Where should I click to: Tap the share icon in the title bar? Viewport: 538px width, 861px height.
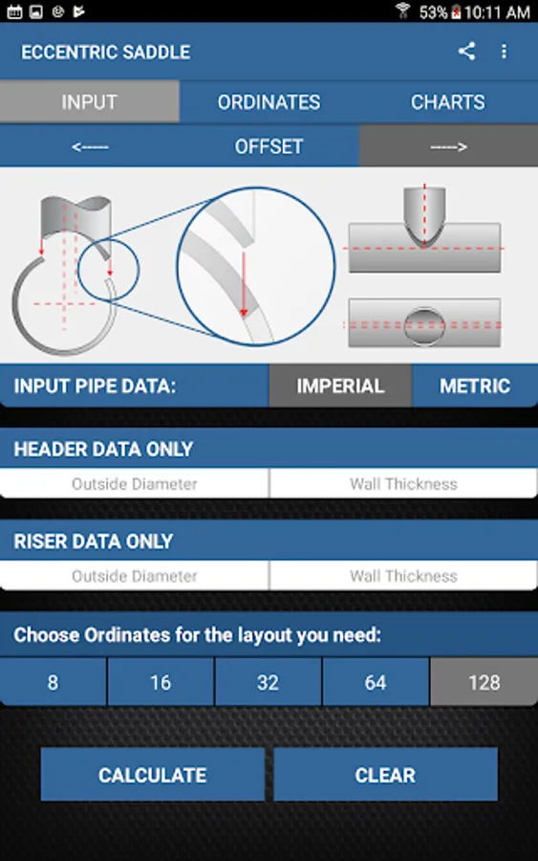pos(466,52)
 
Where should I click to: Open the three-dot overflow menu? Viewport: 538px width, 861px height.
pos(504,52)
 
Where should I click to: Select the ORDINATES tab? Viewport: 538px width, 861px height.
pos(269,102)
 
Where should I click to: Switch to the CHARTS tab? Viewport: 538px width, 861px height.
pos(448,102)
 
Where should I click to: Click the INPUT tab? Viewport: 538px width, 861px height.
pos(90,102)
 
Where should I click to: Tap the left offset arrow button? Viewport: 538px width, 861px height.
pos(90,146)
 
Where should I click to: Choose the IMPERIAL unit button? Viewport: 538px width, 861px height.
pos(340,386)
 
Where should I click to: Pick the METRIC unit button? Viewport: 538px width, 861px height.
pos(475,386)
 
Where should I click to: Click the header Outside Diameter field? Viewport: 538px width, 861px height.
pos(135,484)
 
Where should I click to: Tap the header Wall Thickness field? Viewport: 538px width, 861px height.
pos(403,484)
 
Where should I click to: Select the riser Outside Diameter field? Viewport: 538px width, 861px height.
pos(135,576)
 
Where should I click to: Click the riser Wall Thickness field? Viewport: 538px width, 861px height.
pos(403,576)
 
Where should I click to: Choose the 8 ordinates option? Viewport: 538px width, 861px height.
pos(53,682)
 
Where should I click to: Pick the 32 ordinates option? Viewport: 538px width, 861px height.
pos(268,682)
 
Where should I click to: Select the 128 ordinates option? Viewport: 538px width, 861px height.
pos(484,682)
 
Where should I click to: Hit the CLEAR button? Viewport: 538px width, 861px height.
pos(385,775)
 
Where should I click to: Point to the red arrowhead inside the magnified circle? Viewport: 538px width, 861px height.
pos(244,313)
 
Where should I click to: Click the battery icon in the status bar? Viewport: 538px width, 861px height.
pos(456,12)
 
